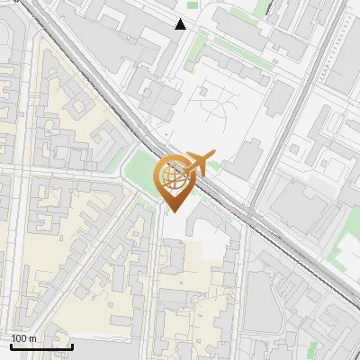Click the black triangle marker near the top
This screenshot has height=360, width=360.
(x=181, y=24)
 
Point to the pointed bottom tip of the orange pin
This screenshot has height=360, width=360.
(x=173, y=212)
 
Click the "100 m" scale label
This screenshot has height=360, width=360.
(x=24, y=337)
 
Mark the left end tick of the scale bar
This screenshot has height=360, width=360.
(x=11, y=345)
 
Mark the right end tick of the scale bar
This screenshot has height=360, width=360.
(x=72, y=345)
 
